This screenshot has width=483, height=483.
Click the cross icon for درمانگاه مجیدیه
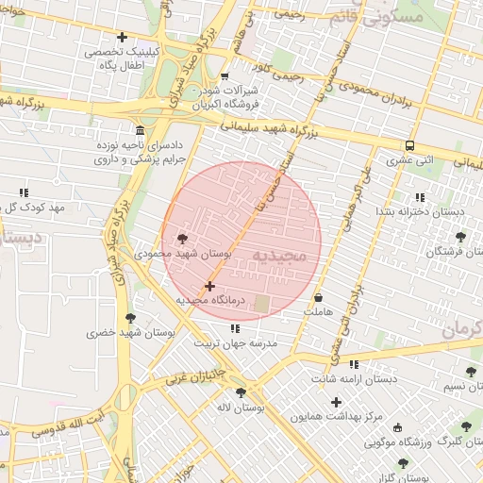click(x=209, y=286)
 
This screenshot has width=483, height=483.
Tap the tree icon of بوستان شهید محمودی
click(x=182, y=239)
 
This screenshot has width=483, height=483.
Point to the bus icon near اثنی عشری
click(x=409, y=145)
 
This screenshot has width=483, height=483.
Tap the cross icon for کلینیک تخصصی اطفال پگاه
click(x=122, y=37)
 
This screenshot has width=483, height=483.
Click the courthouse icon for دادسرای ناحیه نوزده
click(x=141, y=130)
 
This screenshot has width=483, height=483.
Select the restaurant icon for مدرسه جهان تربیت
click(x=235, y=328)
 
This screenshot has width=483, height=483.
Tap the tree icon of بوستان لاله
click(x=241, y=391)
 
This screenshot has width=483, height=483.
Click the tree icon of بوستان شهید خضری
click(x=129, y=318)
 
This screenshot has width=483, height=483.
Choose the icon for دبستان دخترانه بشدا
click(x=420, y=196)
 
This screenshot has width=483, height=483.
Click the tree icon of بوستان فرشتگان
click(x=460, y=237)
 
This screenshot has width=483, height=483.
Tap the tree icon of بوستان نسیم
click(x=471, y=372)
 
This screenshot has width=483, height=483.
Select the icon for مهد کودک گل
click(x=25, y=192)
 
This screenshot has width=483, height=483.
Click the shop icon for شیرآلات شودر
click(x=225, y=76)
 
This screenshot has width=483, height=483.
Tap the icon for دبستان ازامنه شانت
click(x=354, y=364)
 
